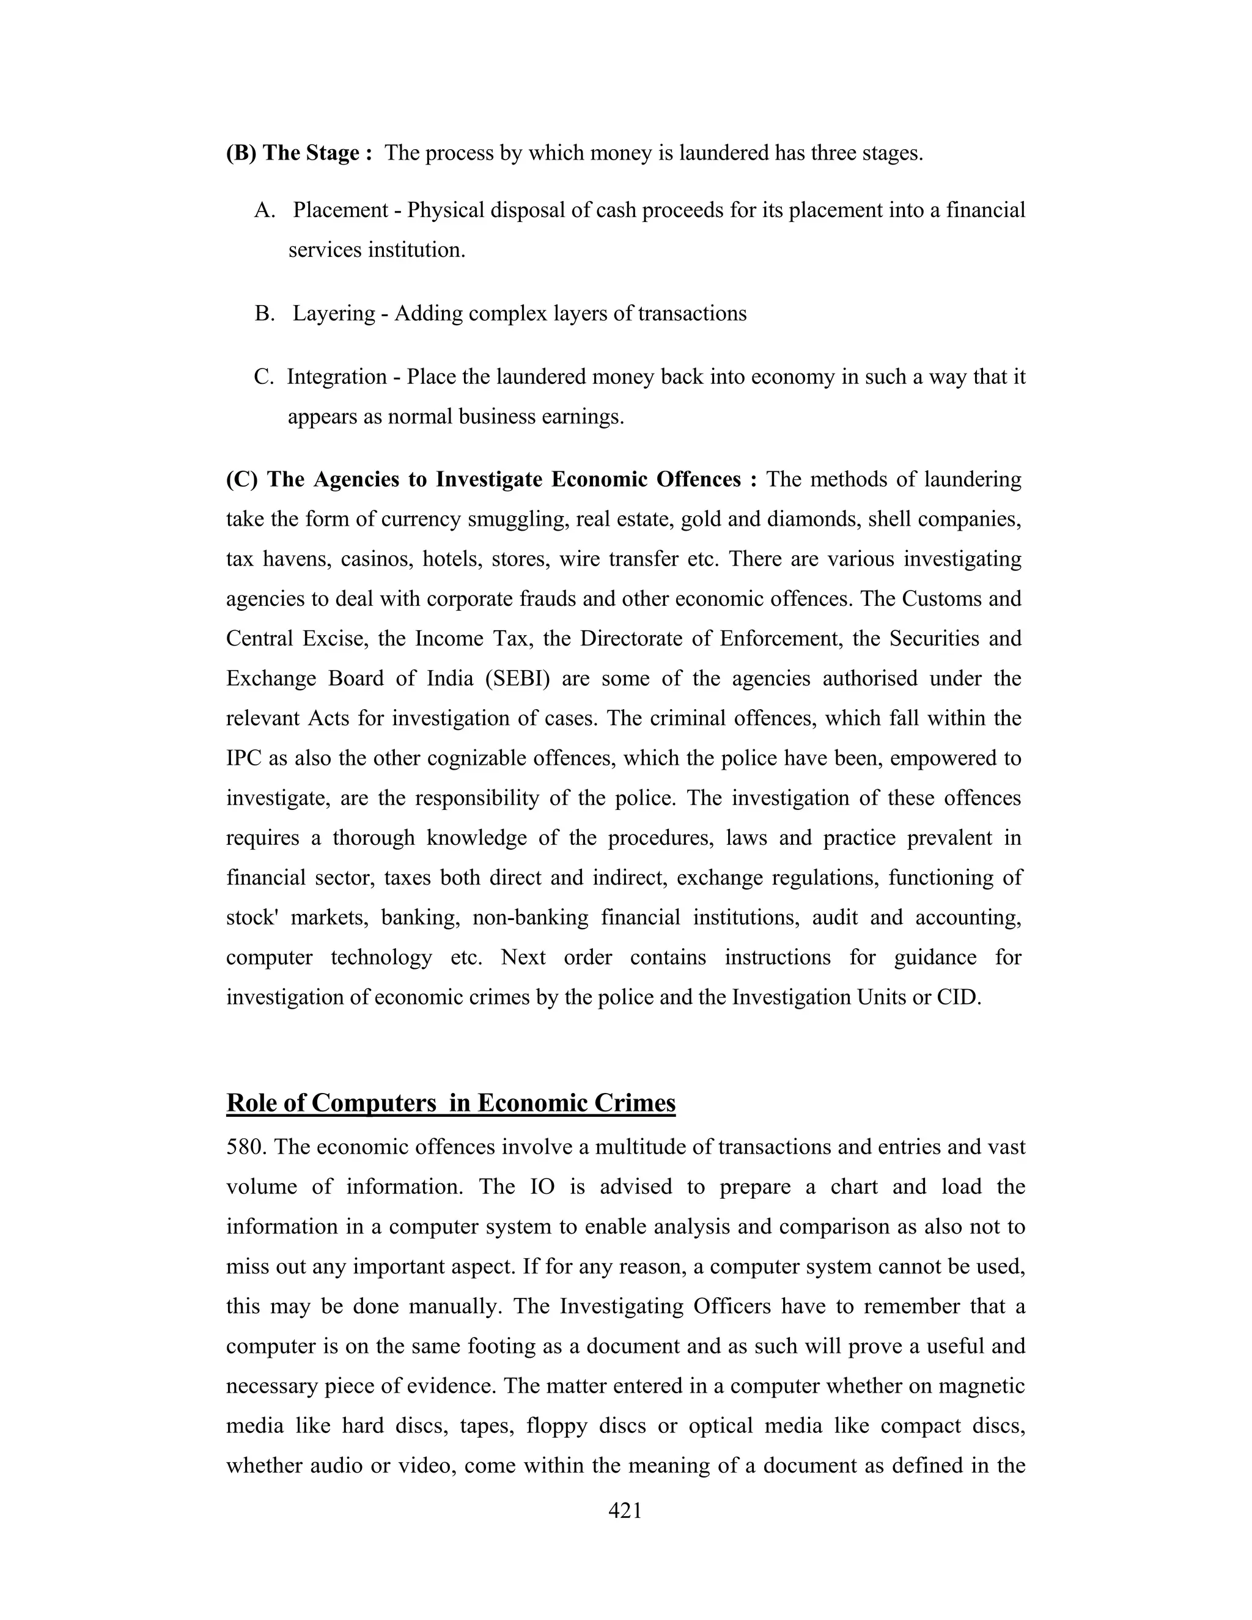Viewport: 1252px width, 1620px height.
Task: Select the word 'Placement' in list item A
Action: (341, 211)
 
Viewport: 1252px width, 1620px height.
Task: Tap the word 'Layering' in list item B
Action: (334, 314)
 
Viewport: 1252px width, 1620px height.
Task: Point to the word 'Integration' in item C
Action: (337, 378)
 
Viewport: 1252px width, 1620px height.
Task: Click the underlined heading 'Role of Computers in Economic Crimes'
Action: (450, 1103)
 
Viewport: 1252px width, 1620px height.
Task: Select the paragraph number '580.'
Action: (246, 1147)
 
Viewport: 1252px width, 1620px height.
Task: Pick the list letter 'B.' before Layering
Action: (265, 314)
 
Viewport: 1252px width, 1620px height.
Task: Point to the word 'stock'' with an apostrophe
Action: (252, 918)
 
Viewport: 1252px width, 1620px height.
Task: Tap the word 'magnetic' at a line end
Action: (980, 1386)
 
